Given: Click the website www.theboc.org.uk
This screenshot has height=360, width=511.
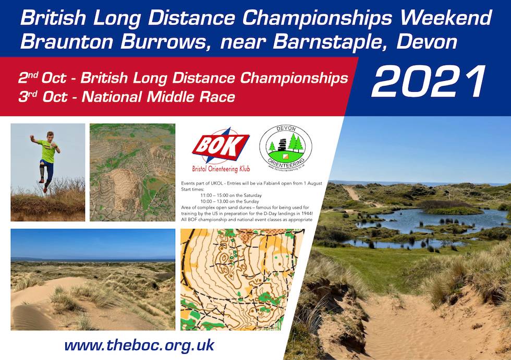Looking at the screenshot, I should [139, 345].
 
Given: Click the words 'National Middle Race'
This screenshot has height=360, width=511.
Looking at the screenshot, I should [158, 97].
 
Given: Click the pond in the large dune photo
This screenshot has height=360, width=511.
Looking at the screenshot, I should [417, 222].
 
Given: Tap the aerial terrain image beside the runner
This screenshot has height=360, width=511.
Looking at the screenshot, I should [132, 172].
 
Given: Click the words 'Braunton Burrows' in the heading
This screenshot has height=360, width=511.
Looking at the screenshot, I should [110, 41].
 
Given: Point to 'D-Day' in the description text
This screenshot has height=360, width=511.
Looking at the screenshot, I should [276, 213].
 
